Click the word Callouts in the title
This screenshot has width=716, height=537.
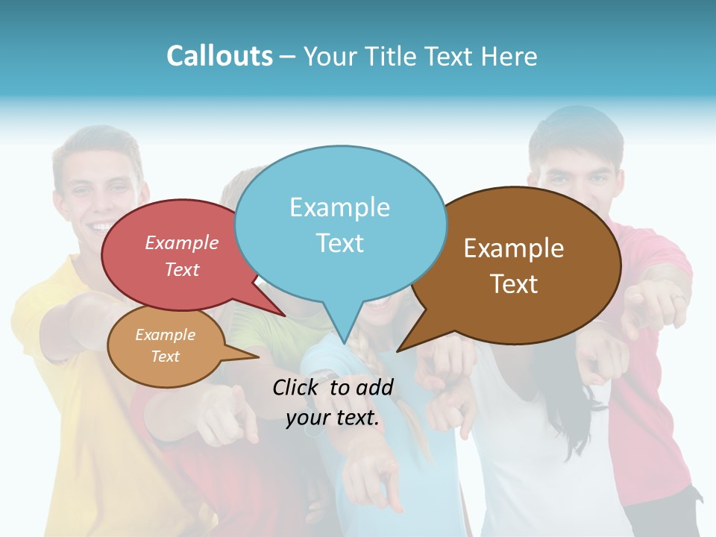point(220,56)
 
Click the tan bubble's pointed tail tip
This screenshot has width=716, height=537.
point(257,357)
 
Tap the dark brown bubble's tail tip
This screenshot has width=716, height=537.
point(398,351)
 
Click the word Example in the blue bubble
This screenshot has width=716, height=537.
point(339,207)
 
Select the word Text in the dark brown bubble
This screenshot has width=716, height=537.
point(514,284)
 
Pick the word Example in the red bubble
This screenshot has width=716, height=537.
point(182,242)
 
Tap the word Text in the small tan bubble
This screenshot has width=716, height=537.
point(165,357)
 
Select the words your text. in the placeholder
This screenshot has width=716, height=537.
point(333,418)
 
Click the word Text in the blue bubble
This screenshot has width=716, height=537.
point(339,243)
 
